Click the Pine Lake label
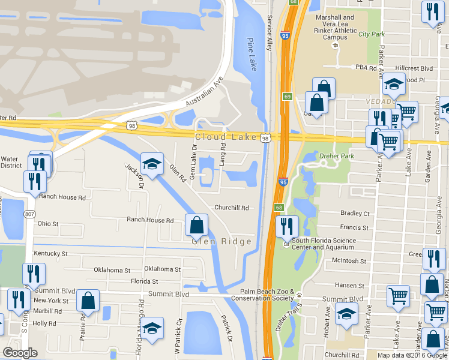[252, 55]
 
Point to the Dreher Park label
[333, 157]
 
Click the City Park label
[372, 34]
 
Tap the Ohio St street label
[48, 224]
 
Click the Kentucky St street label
[50, 254]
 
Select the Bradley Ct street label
[354, 213]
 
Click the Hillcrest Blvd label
[414, 68]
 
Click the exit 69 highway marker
[288, 97]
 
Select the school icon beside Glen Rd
[152, 164]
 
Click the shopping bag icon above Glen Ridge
[196, 225]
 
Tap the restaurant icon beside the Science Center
[287, 226]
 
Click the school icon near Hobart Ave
[346, 314]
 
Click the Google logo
[20, 353]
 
